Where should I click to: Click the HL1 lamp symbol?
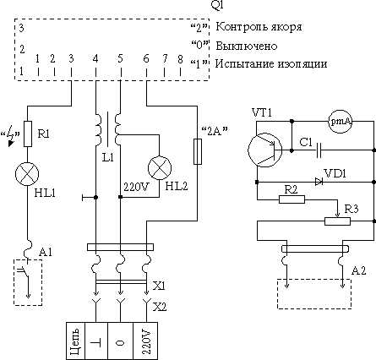point(27,174)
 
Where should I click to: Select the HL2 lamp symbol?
point(160,168)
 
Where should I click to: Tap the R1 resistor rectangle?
point(28,134)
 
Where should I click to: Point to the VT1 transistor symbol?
point(265,150)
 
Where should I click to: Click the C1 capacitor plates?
point(319,150)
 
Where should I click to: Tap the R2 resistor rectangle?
point(292,199)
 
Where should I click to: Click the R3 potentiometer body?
point(337,221)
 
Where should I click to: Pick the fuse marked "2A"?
point(198,151)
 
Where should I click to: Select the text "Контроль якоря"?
point(259,27)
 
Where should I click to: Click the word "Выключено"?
point(247,46)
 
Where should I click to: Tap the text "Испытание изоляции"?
point(271,64)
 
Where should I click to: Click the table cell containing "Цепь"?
point(75,341)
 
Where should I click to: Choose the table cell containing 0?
point(120,341)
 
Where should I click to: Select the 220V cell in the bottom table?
point(145,341)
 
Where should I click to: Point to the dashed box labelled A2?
point(314,293)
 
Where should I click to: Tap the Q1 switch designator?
point(217,6)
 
